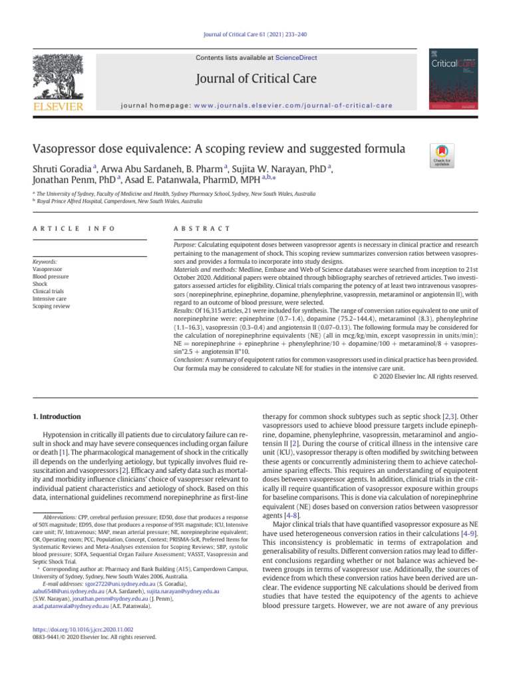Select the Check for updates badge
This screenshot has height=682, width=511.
tap(442, 155)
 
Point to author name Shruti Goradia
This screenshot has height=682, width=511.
tap(63, 167)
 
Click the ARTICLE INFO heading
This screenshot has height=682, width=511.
tap(73, 228)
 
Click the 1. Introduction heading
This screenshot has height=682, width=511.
tap(57, 417)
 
